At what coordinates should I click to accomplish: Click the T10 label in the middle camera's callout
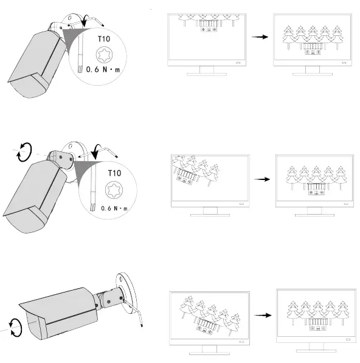[114, 173]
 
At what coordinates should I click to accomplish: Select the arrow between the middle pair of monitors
[262, 179]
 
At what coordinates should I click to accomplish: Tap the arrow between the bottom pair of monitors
[262, 316]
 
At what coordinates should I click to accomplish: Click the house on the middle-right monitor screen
[315, 189]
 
